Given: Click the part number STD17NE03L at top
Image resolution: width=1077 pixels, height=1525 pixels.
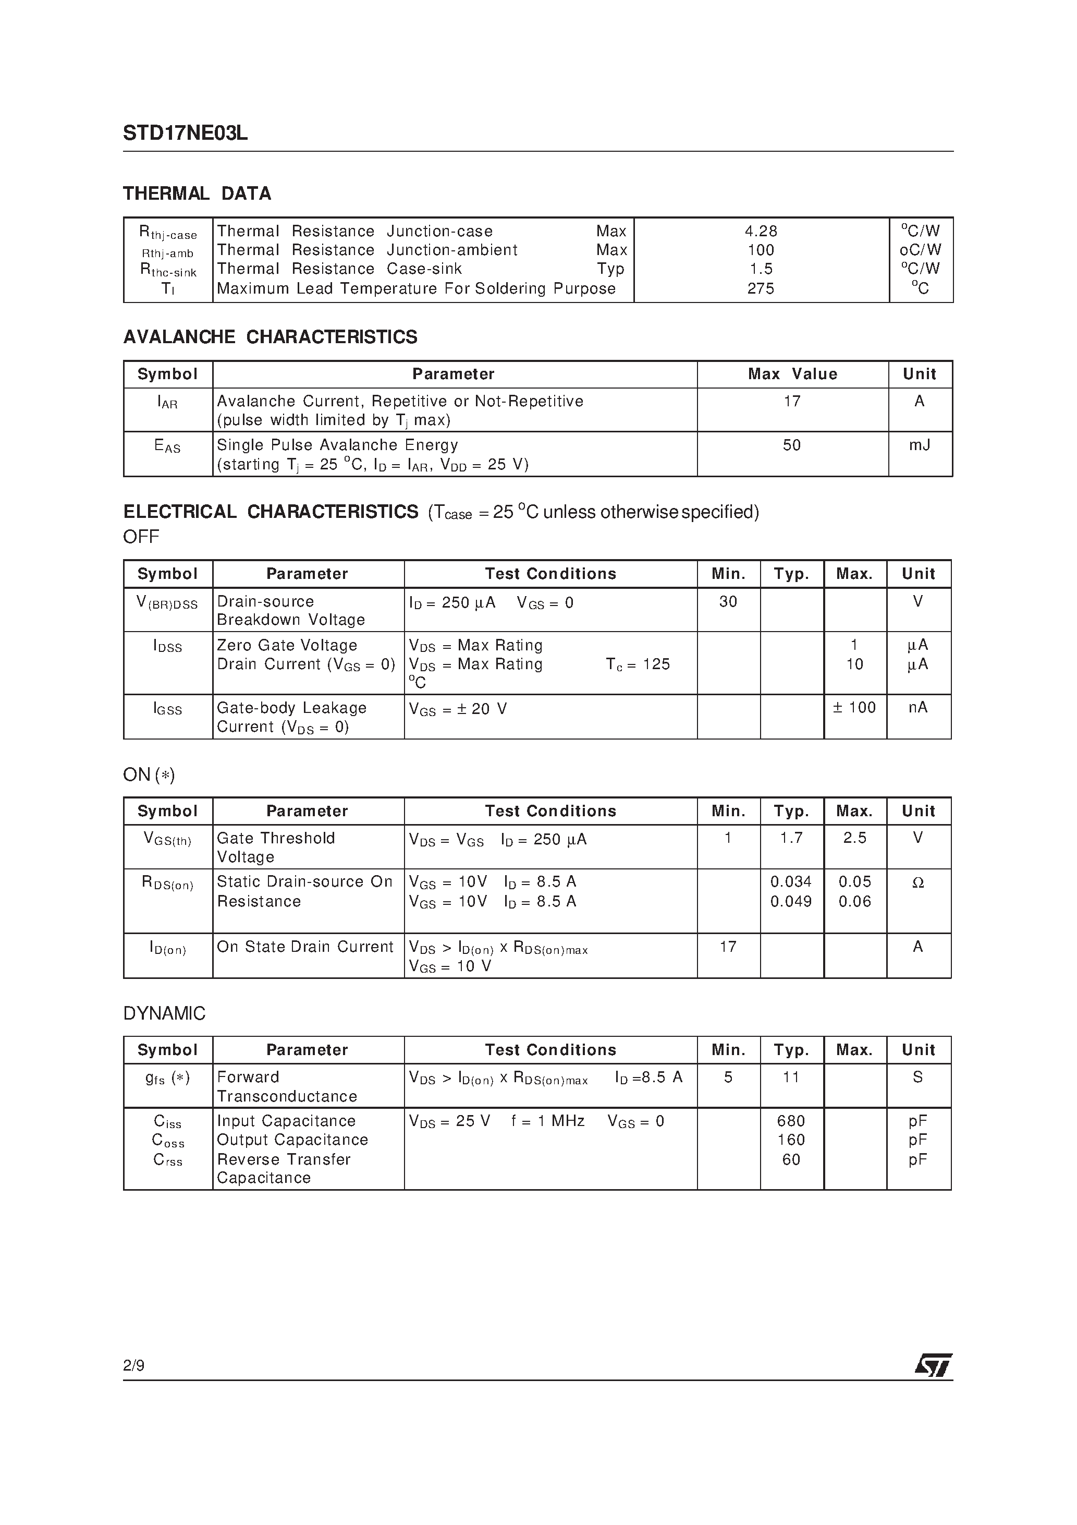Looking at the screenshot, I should pyautogui.click(x=185, y=134).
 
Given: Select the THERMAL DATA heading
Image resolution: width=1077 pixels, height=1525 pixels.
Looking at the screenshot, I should pyautogui.click(x=197, y=193).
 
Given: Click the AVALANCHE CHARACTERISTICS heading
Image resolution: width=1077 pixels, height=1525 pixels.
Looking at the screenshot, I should pyautogui.click(x=270, y=337).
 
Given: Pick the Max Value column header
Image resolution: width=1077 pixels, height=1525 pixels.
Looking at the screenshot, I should pyautogui.click(x=792, y=374).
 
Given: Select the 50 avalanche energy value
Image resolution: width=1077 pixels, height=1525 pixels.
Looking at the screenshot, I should pyautogui.click(x=791, y=445).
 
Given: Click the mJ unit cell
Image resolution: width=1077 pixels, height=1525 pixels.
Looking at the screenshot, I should pyautogui.click(x=919, y=445).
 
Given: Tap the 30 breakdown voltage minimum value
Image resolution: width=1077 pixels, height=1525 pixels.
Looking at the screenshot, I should pyautogui.click(x=728, y=601).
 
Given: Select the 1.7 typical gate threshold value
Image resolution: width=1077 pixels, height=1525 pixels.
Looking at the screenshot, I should pyautogui.click(x=791, y=838).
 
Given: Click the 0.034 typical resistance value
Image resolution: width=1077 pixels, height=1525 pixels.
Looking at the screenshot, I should pyautogui.click(x=791, y=881).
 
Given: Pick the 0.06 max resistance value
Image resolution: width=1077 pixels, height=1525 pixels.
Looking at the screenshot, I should pyautogui.click(x=854, y=901).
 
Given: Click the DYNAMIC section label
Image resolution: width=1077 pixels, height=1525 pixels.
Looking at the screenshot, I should pyautogui.click(x=164, y=1013).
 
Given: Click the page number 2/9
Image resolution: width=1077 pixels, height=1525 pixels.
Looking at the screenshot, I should pyautogui.click(x=133, y=1365).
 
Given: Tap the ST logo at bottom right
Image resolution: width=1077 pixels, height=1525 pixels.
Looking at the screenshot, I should pyautogui.click(x=933, y=1365).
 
